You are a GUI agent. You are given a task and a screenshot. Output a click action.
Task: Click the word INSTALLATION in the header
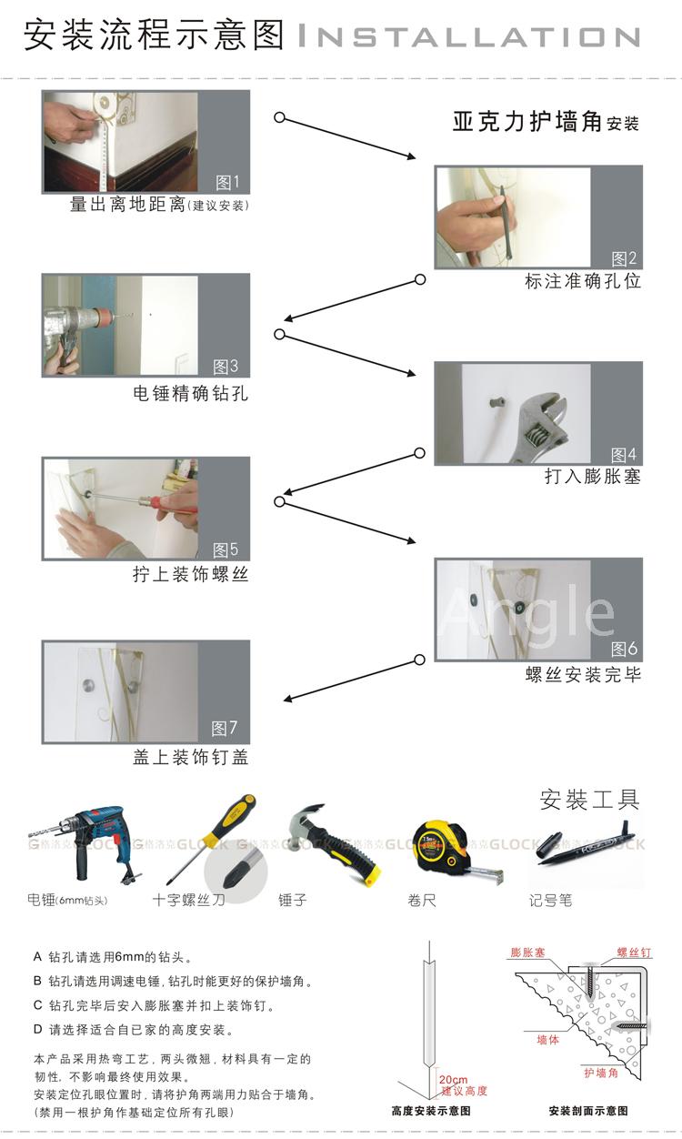click(x=468, y=36)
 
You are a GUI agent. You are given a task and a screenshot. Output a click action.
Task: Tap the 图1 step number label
click(x=227, y=182)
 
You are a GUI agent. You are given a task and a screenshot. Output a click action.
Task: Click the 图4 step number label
click(x=624, y=454)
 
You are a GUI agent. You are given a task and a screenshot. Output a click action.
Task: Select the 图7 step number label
click(x=224, y=728)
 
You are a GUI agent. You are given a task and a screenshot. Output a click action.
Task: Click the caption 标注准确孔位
click(x=582, y=281)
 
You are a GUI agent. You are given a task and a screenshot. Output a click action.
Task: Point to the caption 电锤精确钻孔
click(x=191, y=393)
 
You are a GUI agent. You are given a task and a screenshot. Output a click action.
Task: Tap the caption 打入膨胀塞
click(x=593, y=477)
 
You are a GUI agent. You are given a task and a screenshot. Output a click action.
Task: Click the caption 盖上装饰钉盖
click(x=191, y=757)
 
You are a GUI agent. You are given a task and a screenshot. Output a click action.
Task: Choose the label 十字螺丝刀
click(x=188, y=900)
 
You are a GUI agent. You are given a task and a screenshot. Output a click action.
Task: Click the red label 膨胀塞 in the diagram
click(x=527, y=952)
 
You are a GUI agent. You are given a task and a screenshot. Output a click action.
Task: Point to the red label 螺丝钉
click(x=634, y=953)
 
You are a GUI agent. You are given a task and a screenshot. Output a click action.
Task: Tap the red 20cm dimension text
click(x=454, y=1079)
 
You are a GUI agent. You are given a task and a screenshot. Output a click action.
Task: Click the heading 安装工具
click(x=589, y=800)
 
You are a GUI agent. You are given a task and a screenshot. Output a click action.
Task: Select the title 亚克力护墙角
click(x=527, y=122)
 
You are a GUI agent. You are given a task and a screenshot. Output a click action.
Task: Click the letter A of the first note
click(x=37, y=956)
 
